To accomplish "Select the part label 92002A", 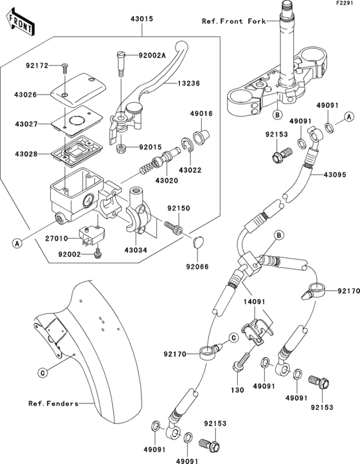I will pyautogui.click(x=152, y=55).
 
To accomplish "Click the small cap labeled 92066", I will pyautogui.click(x=197, y=243).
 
